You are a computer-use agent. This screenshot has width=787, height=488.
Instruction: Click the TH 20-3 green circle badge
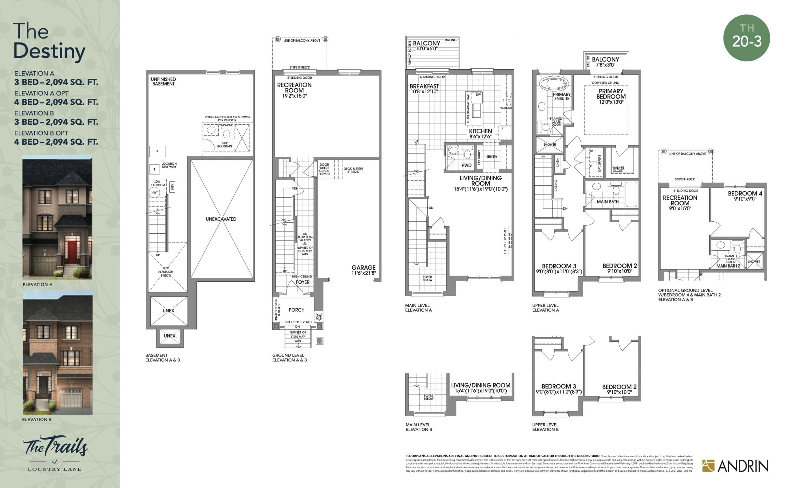tap(746, 38)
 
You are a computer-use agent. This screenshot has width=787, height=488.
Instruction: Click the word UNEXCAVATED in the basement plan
tap(221, 219)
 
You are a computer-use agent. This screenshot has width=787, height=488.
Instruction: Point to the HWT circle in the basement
tap(155, 192)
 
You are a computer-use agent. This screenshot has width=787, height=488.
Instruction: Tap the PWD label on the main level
tap(466, 165)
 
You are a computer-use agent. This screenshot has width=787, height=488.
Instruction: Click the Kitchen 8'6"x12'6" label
tap(480, 133)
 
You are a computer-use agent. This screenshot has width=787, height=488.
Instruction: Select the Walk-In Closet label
tap(618, 169)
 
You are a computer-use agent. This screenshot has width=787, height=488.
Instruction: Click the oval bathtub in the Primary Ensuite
tap(554, 84)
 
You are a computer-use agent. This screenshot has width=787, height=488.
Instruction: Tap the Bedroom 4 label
tap(745, 196)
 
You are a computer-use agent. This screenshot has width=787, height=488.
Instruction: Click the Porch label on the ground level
tap(296, 310)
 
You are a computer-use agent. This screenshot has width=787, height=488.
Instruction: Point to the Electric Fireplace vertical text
tap(505, 241)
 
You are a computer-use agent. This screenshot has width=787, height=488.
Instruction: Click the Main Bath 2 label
tap(728, 266)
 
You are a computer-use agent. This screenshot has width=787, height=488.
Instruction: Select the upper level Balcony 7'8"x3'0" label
tap(605, 62)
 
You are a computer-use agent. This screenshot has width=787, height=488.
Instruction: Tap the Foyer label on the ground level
tap(303, 282)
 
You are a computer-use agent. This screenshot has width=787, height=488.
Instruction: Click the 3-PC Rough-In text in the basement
tap(225, 145)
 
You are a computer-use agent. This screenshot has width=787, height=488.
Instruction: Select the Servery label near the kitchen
tap(492, 156)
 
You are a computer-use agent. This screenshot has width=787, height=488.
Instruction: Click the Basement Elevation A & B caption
tap(162, 357)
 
